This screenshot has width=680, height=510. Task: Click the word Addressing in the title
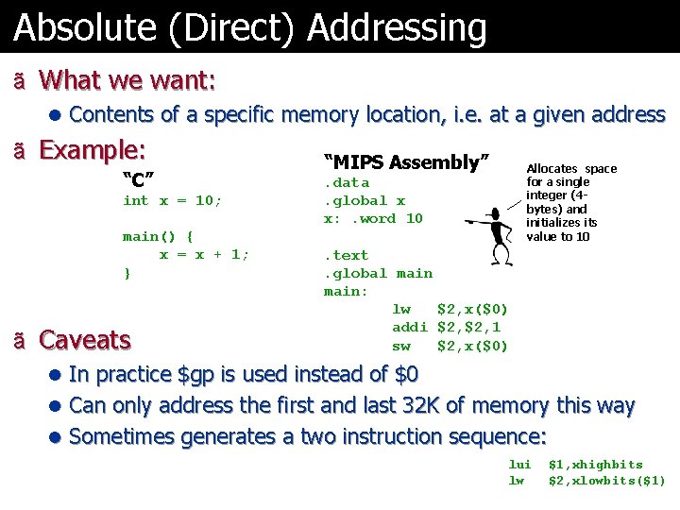point(398,28)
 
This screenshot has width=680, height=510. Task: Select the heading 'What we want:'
point(127,80)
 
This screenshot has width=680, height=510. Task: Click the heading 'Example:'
point(93,150)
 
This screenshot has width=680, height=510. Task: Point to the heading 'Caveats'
point(85,339)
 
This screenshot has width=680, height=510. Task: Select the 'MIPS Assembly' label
point(406,162)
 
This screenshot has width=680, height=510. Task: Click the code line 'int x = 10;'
point(172,200)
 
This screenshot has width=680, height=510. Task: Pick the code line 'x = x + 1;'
point(204,255)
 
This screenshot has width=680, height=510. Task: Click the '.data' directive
point(347,182)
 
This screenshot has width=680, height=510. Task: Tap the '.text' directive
point(347,255)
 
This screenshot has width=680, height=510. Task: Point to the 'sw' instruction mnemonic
point(401,346)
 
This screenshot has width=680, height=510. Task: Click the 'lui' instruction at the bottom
point(520,465)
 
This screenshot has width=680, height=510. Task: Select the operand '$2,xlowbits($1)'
point(606,481)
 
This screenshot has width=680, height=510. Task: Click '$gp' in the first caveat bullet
point(196,375)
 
